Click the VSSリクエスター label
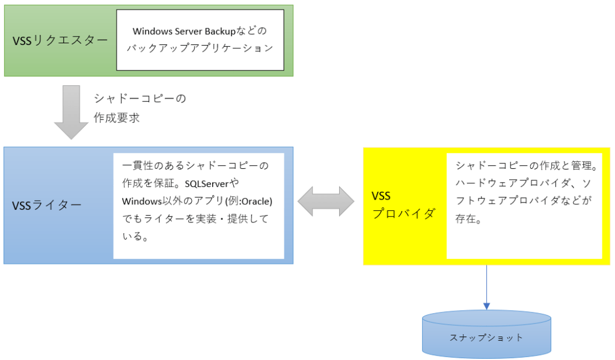pos(60,40)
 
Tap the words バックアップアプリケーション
pos(199,48)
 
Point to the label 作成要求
pos(117,118)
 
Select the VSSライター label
pos(47,205)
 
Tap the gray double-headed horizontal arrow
pos(328,201)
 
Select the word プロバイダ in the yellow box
pos(403,214)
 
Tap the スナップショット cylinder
pos(486,337)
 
